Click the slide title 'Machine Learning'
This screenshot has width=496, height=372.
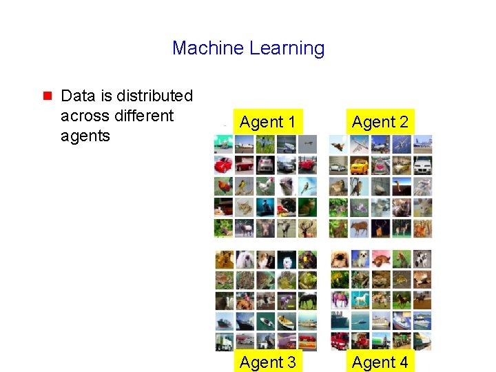pyautogui.click(x=248, y=48)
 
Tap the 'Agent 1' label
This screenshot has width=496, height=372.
pyautogui.click(x=268, y=123)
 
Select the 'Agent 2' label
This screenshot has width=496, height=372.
pyautogui.click(x=380, y=123)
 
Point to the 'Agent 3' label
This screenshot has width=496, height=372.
pyautogui.click(x=268, y=362)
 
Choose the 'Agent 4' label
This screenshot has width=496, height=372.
pyautogui.click(x=380, y=362)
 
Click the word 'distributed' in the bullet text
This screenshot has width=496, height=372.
pyautogui.click(x=154, y=96)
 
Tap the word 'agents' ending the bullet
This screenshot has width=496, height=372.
pyautogui.click(x=85, y=136)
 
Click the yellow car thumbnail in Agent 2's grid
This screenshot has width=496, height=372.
pyautogui.click(x=359, y=165)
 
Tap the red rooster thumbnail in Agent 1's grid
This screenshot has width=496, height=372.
pyautogui.click(x=223, y=186)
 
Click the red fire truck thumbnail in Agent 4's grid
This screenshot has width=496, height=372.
pyautogui.click(x=338, y=341)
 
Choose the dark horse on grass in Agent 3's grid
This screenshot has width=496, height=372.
pyautogui.click(x=307, y=300)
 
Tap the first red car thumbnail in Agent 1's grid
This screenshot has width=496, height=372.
pyautogui.click(x=223, y=165)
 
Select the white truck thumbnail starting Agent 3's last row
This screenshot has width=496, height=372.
pyautogui.click(x=223, y=341)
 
